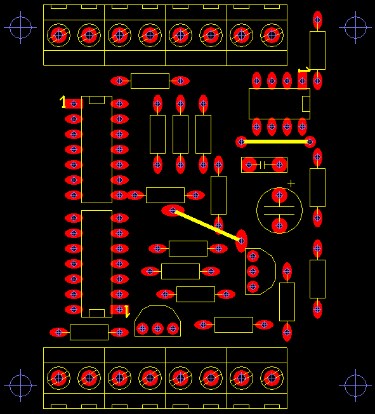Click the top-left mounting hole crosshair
point(20,27)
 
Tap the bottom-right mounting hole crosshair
point(355,385)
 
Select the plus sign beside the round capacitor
point(291,184)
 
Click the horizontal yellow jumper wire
point(275,142)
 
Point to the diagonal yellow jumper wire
point(207,226)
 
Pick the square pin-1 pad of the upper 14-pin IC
point(74,103)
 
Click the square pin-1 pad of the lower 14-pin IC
point(119,309)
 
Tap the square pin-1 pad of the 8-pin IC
point(302,81)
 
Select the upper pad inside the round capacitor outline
point(279,196)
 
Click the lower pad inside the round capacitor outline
point(279,226)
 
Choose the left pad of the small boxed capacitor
point(249,164)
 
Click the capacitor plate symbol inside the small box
point(262,165)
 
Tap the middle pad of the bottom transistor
point(157,329)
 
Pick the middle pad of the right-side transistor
point(253,271)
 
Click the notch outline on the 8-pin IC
point(306,103)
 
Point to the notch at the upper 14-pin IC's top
point(96,100)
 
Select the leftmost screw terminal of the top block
point(58,35)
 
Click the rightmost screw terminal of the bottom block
point(272,378)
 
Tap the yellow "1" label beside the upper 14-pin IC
point(63,102)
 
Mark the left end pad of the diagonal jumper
point(173,210)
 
